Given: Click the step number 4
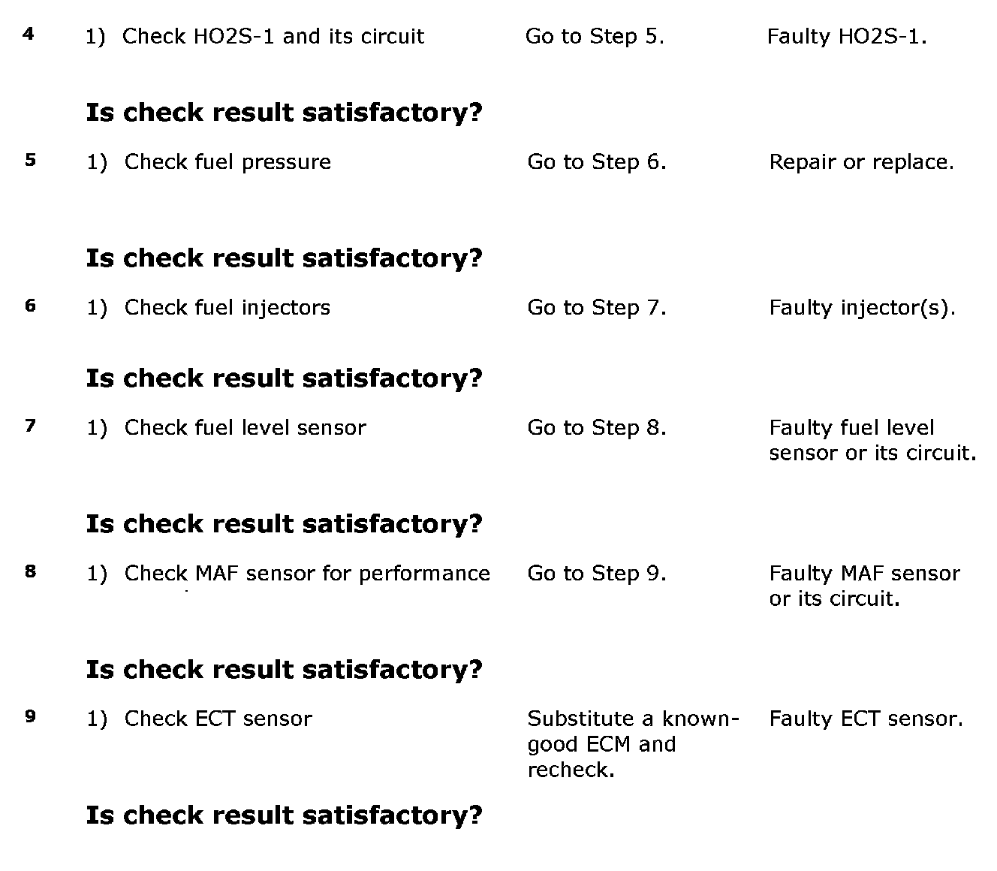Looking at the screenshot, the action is (29, 35).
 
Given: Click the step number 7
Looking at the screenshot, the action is (30, 426).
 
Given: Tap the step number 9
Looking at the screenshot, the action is (30, 716).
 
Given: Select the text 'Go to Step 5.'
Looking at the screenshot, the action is (595, 36).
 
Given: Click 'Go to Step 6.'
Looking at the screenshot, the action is (597, 161).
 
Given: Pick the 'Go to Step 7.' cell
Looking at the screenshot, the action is (597, 307).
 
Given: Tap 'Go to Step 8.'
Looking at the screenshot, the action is (597, 427).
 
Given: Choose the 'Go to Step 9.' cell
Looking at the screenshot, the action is (597, 573).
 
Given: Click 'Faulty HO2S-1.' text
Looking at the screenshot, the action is (847, 36).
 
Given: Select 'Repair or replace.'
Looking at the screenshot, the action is (861, 161).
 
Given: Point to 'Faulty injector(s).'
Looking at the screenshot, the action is (862, 307).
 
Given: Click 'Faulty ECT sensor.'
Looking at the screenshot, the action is (866, 719).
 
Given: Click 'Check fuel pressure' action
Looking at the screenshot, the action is (227, 161).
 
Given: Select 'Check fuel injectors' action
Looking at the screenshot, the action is (227, 307).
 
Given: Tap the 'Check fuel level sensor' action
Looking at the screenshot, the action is (245, 427).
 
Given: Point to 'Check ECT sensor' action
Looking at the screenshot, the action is (218, 719).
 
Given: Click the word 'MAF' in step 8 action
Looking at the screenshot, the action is (216, 573).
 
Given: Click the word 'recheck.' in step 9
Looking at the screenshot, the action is (571, 770).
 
